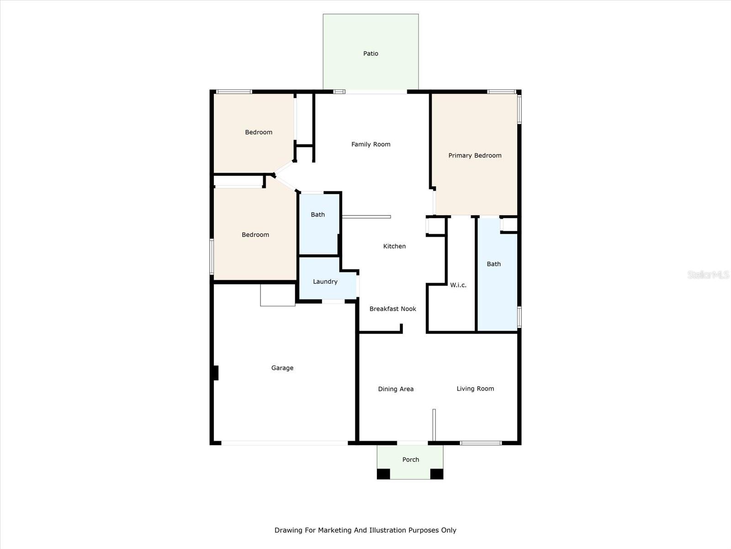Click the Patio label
tap(371, 54)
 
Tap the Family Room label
tap(371, 144)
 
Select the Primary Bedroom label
tap(475, 156)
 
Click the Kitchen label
tap(394, 246)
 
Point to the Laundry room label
tap(325, 282)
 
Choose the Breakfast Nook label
tap(392, 309)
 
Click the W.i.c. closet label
tap(458, 285)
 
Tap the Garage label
tap(282, 368)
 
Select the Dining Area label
tap(396, 389)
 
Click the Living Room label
tap(475, 389)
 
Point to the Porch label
tap(410, 460)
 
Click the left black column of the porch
tap(383, 474)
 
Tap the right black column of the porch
tap(437, 474)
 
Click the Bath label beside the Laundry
tap(318, 215)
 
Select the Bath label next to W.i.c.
tap(493, 264)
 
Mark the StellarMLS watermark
tap(708, 274)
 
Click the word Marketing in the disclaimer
tap(335, 530)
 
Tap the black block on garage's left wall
tap(216, 373)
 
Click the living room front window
tap(481, 443)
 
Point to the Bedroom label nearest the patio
tap(259, 132)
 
